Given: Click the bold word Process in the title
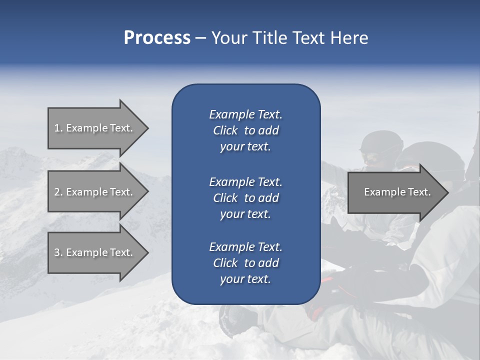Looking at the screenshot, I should pos(157,37).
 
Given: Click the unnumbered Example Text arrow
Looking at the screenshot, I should pos(395,192).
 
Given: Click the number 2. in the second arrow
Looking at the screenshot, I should pos(58,192).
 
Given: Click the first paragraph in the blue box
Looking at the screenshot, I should pos(245,130).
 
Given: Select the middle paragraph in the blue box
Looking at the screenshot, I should pos(245,197).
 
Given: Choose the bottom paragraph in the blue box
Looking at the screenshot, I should pos(245,263).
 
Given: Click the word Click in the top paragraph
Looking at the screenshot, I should pos(225,130).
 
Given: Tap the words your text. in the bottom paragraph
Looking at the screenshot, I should pos(245,279).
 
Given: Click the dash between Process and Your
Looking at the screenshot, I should pos(200,38).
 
